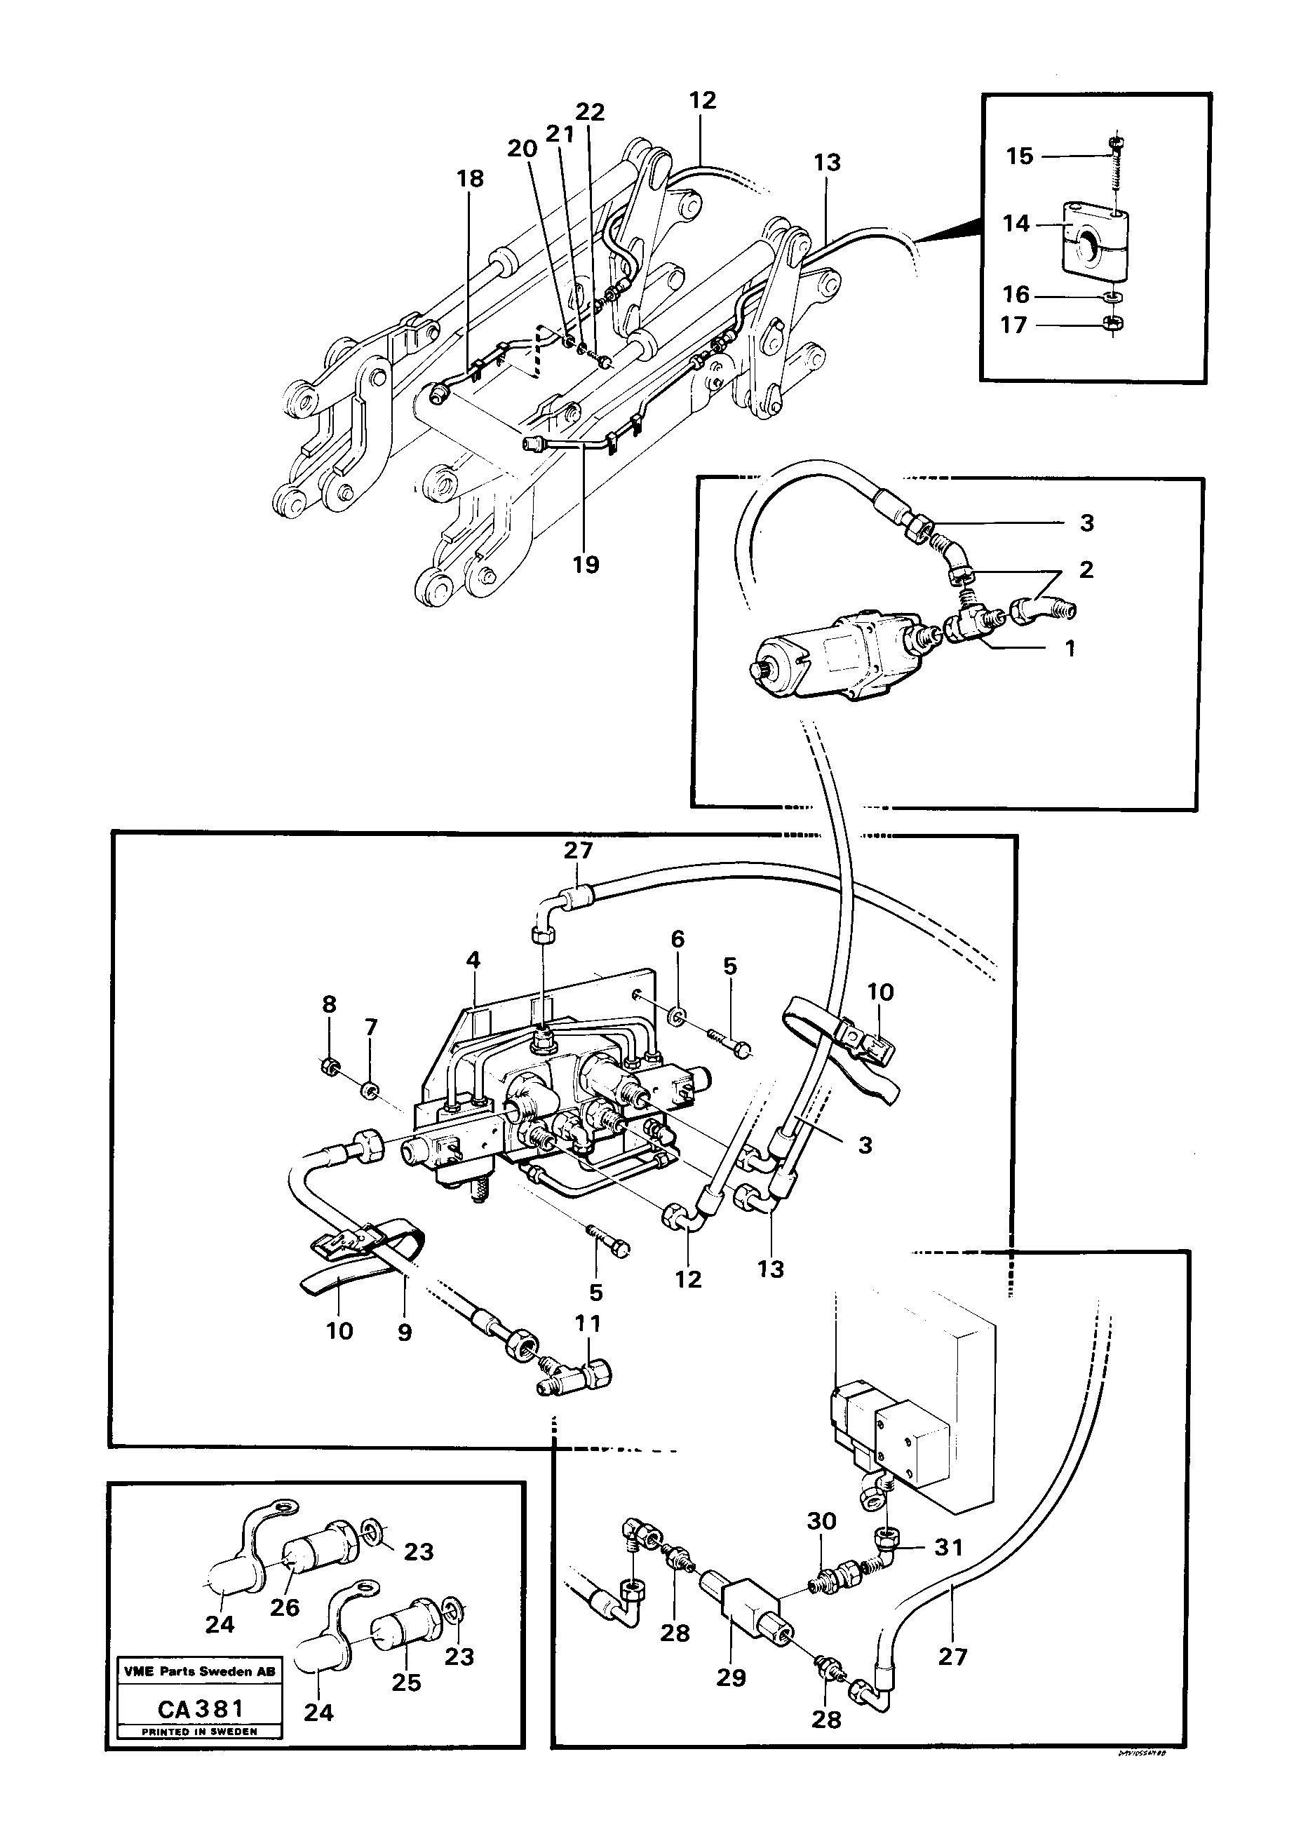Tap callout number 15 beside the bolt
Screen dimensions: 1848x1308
coord(1019,156)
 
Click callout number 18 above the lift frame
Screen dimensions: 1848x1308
coord(471,178)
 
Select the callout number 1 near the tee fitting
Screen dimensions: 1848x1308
coord(1070,647)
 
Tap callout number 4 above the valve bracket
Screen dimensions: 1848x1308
coord(473,960)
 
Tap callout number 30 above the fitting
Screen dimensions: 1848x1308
coord(821,1521)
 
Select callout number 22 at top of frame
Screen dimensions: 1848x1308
coord(590,112)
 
